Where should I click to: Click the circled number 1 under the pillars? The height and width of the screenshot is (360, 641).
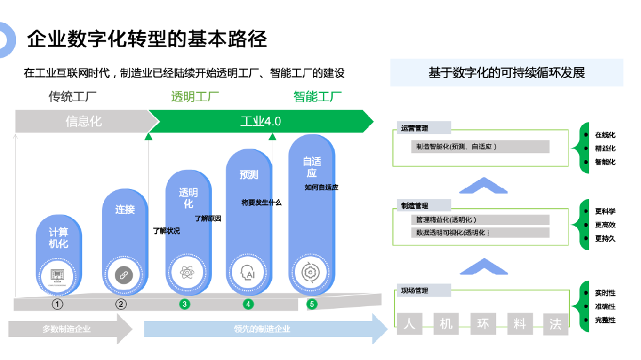click(58, 304)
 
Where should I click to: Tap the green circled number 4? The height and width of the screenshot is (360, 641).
click(248, 304)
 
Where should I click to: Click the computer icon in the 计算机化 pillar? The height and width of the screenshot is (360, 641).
click(58, 275)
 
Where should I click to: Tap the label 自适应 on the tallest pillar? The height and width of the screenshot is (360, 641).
click(312, 167)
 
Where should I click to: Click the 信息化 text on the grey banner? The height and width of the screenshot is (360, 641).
click(83, 121)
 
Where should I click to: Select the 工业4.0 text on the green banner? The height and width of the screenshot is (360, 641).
click(260, 121)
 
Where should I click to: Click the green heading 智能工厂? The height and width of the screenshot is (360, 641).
click(317, 97)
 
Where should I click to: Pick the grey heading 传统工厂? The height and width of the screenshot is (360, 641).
click(72, 97)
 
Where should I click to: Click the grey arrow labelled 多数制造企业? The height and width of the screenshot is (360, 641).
click(67, 329)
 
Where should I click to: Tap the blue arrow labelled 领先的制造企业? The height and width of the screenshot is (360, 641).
click(263, 329)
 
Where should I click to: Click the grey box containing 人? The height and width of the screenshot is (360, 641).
click(409, 324)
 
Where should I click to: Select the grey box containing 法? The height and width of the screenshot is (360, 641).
click(556, 324)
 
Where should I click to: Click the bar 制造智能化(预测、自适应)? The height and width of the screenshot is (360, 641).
click(480, 147)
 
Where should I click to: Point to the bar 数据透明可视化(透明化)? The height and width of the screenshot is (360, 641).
click(480, 233)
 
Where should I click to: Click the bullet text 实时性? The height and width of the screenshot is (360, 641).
click(605, 293)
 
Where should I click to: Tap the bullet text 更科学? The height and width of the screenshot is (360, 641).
click(605, 211)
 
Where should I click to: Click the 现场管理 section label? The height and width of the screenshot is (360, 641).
click(415, 291)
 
